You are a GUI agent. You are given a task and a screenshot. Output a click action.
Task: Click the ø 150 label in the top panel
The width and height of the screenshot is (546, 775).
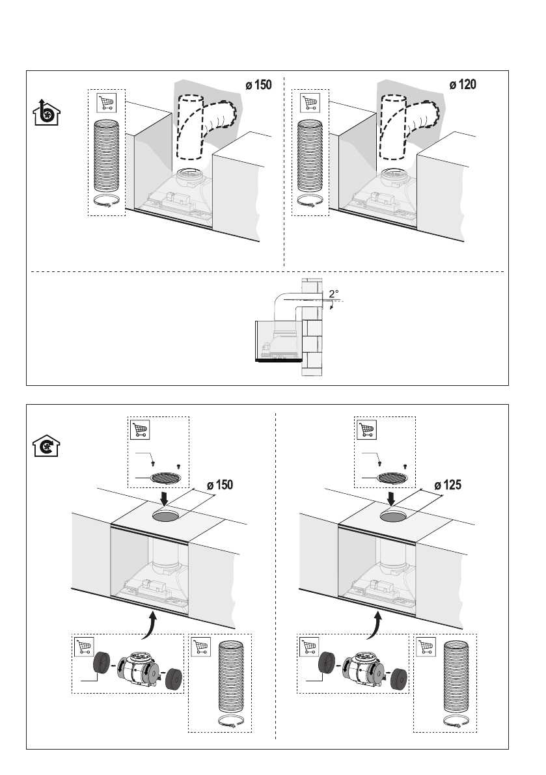pyautogui.click(x=258, y=85)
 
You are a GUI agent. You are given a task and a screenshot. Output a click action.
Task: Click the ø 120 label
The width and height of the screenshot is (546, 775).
pyautogui.click(x=463, y=85)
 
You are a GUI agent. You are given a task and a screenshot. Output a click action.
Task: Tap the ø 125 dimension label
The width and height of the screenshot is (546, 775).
pyautogui.click(x=448, y=485)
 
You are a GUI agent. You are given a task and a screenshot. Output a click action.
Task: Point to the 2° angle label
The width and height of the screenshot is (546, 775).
pyautogui.click(x=334, y=293)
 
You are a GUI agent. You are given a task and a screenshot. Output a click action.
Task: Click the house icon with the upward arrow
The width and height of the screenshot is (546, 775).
pyautogui.click(x=46, y=112)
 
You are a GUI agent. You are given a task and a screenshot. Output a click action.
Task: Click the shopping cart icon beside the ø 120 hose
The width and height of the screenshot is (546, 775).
pyautogui.click(x=310, y=102)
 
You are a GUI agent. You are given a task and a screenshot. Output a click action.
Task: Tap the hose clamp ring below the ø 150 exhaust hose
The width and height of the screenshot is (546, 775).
pyautogui.click(x=107, y=202)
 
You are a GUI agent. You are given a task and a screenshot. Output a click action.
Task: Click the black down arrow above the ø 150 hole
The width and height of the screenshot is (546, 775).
pyautogui.click(x=165, y=498)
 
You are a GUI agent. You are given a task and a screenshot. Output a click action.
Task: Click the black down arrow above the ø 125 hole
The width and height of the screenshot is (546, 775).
pyautogui.click(x=391, y=498)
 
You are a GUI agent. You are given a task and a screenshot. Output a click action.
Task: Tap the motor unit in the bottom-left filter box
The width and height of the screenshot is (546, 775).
pyautogui.click(x=137, y=668)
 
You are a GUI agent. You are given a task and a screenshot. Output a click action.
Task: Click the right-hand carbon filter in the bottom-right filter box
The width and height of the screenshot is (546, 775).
pyautogui.click(x=398, y=679)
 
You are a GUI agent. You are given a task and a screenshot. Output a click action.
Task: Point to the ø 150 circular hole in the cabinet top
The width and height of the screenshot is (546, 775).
pyautogui.click(x=165, y=516)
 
